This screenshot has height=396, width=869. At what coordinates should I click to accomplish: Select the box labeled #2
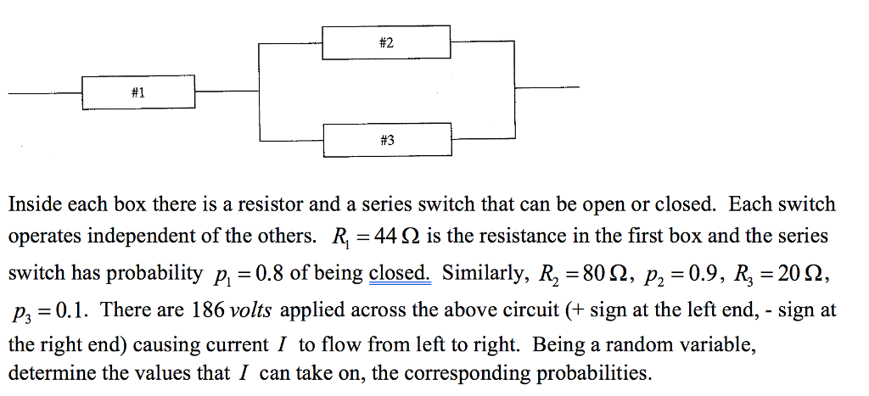click(x=387, y=42)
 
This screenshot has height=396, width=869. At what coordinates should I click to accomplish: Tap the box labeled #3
click(x=387, y=140)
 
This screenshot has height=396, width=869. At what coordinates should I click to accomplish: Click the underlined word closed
click(x=400, y=274)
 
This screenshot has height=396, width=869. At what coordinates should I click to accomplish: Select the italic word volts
click(x=251, y=310)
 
